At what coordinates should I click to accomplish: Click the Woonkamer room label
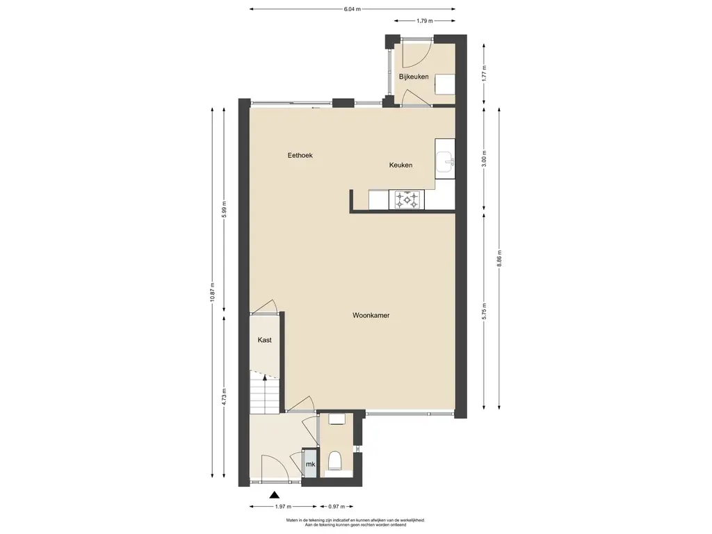(371, 315)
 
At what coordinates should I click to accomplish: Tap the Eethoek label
(300, 155)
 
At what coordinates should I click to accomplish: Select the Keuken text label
(401, 165)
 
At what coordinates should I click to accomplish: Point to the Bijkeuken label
(414, 76)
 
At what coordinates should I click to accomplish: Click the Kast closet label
(265, 339)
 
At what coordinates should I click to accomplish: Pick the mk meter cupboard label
(311, 464)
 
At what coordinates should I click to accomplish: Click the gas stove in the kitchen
(407, 200)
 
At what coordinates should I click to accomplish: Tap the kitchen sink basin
(445, 162)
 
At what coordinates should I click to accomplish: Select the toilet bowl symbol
(336, 460)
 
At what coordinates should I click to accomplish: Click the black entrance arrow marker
(274, 495)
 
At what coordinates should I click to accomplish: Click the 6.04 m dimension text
(353, 8)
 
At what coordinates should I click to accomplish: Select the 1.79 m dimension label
(425, 20)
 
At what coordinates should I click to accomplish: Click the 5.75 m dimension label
(484, 311)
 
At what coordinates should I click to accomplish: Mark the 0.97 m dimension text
(337, 506)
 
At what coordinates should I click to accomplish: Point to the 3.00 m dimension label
(484, 159)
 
